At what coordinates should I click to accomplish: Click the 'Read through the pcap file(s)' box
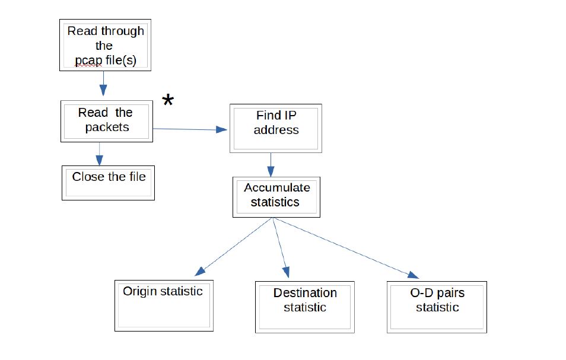[105, 45]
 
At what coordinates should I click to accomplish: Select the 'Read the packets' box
[107, 120]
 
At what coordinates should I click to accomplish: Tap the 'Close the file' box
[108, 183]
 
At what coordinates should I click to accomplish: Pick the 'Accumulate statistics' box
[276, 196]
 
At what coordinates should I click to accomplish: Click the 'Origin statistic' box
[163, 305]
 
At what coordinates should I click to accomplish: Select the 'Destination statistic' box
[305, 307]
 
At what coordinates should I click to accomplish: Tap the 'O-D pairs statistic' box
[437, 307]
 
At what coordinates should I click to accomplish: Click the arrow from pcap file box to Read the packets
[103, 84]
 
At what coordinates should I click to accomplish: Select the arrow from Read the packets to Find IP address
[190, 129]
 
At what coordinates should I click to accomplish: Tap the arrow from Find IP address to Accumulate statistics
[271, 165]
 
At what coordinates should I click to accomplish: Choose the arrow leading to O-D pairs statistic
[344, 248]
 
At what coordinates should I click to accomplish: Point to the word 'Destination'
[305, 293]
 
